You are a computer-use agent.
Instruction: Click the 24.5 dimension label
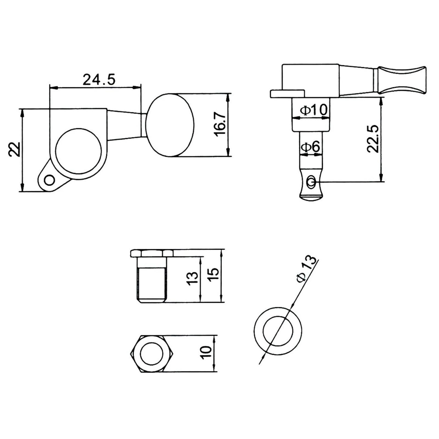tap(99, 80)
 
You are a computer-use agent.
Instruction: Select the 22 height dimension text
tap(15, 150)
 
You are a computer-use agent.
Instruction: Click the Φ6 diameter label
tap(311, 147)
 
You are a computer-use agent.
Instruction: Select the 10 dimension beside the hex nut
tap(206, 353)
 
